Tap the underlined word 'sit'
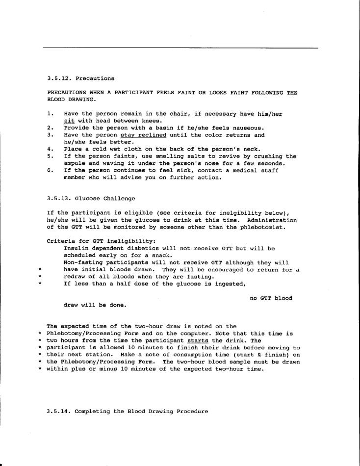(69, 121)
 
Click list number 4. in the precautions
(51, 149)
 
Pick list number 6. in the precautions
(51, 171)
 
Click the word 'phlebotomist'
(272, 227)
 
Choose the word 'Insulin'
(76, 249)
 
